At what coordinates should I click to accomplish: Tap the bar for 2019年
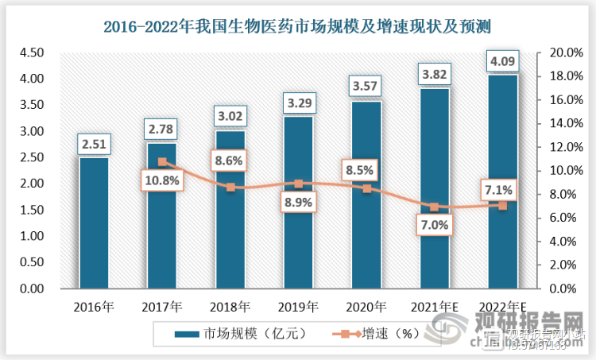[x=298, y=203]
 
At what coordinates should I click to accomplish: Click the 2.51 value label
[x=94, y=144]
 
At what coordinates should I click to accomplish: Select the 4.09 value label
[x=502, y=60]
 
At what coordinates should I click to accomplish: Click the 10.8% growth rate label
[x=162, y=181]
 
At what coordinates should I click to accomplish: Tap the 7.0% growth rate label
[x=434, y=225]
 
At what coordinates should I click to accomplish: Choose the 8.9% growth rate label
[x=298, y=203]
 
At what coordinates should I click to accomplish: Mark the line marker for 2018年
[x=230, y=188]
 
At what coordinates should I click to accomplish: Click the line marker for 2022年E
[x=502, y=205]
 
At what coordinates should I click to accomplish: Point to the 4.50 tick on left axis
[x=31, y=52]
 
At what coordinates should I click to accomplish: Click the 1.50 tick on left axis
[x=31, y=210]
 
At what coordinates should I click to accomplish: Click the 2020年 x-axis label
[x=366, y=305]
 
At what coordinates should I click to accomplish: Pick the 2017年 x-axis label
[x=162, y=305]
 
